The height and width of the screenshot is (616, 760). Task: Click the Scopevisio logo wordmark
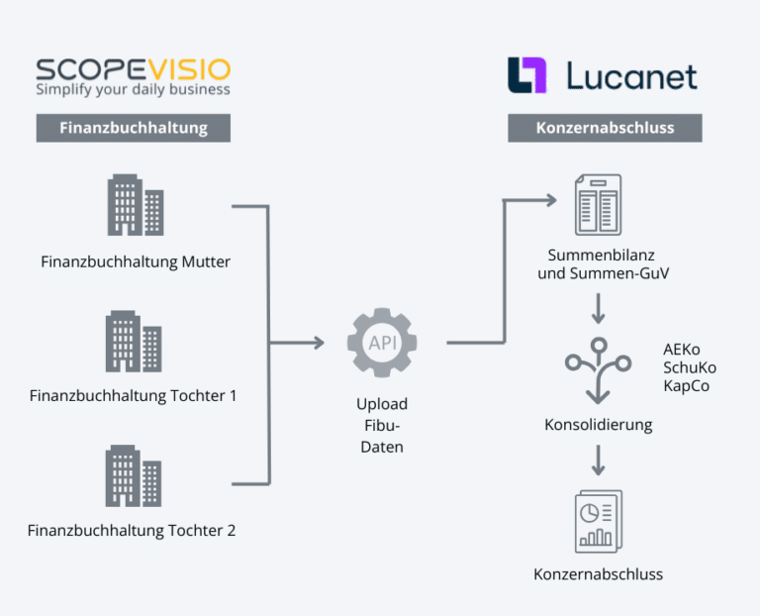[133, 68]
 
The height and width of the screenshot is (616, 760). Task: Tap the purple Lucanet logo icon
[526, 75]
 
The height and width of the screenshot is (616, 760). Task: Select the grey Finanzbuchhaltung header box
[134, 128]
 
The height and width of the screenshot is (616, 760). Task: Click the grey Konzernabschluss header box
[605, 128]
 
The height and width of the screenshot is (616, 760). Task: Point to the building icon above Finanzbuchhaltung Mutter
[135, 205]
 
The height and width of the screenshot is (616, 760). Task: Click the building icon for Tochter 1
[134, 341]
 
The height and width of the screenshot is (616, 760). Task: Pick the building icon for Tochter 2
[134, 475]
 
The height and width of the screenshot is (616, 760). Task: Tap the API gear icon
[382, 343]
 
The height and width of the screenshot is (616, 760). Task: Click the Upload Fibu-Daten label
[382, 425]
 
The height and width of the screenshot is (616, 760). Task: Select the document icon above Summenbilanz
[598, 205]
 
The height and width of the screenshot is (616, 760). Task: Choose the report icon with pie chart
[598, 522]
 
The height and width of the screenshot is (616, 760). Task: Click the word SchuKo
[690, 367]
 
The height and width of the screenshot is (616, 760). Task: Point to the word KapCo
[687, 385]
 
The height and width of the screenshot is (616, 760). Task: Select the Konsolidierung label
[598, 425]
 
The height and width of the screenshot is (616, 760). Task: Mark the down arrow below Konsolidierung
[598, 461]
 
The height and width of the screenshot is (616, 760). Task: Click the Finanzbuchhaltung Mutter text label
[136, 261]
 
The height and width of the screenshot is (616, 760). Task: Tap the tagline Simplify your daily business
[133, 90]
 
